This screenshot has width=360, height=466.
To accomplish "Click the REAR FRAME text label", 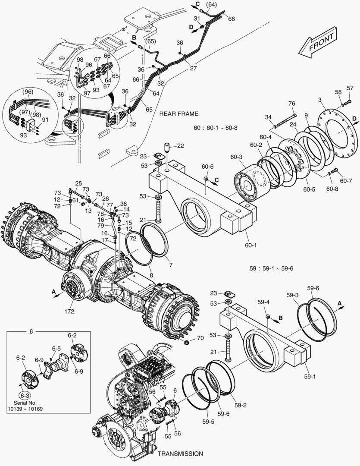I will (178, 114).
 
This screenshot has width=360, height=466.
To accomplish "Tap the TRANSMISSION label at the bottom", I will (180, 453).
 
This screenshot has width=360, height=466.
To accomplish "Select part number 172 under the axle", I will (69, 311).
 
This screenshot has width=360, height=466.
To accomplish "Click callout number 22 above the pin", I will (180, 146).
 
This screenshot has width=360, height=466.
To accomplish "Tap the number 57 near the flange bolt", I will (350, 88).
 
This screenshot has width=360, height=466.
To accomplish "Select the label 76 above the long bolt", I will (292, 103).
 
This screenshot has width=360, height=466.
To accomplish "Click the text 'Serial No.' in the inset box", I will (28, 403).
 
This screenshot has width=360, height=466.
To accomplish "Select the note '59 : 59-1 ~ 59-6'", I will (271, 268).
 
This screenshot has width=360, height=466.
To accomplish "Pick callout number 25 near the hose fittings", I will (78, 183).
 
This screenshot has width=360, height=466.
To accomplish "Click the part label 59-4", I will (263, 302).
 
